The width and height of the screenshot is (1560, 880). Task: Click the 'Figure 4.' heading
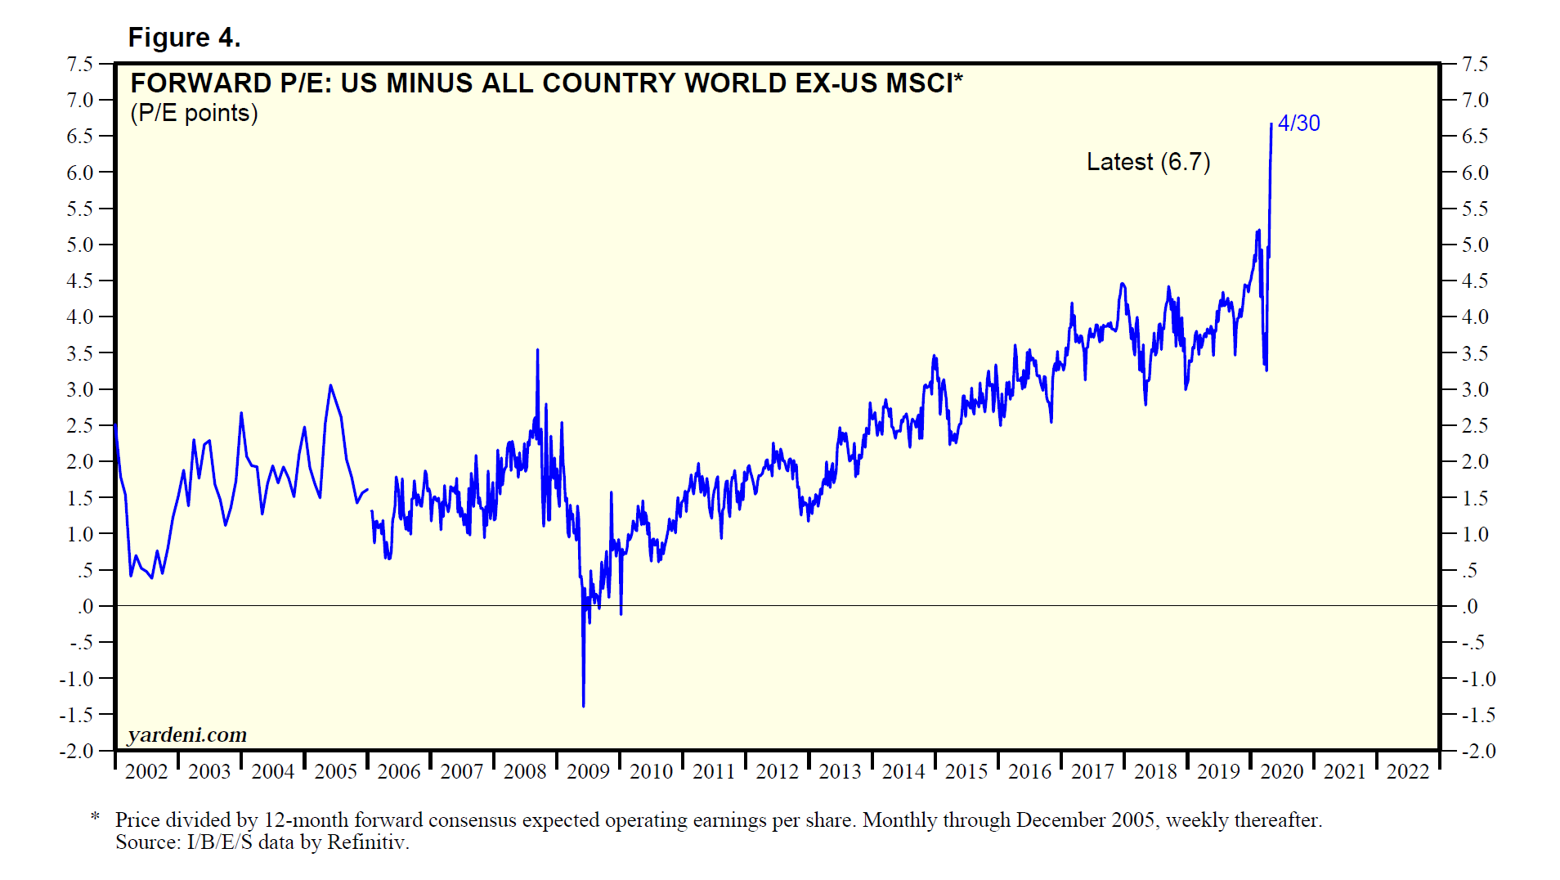(x=184, y=38)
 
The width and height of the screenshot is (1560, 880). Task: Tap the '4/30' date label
(x=1298, y=123)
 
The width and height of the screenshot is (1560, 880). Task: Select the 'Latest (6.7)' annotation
(x=1148, y=162)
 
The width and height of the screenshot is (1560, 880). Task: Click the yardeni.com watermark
(x=187, y=734)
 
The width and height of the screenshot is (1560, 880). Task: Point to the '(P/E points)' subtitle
(x=194, y=113)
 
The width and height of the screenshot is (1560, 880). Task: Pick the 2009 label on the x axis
(x=588, y=771)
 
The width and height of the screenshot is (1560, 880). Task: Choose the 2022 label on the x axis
(x=1407, y=771)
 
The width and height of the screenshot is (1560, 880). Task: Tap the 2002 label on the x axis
(x=146, y=771)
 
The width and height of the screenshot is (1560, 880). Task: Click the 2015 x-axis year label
(x=966, y=771)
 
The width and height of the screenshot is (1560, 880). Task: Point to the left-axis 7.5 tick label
(x=80, y=64)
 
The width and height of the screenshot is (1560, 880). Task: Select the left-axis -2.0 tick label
(x=76, y=751)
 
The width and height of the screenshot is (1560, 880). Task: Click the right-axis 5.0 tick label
(x=1475, y=245)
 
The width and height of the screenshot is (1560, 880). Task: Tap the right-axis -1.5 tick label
(x=1478, y=715)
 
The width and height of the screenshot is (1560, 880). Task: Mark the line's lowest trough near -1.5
(x=583, y=705)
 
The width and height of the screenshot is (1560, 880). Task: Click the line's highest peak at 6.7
(x=1271, y=125)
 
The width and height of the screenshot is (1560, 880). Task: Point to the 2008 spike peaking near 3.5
(x=537, y=351)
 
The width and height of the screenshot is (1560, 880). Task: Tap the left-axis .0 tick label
(x=86, y=606)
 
